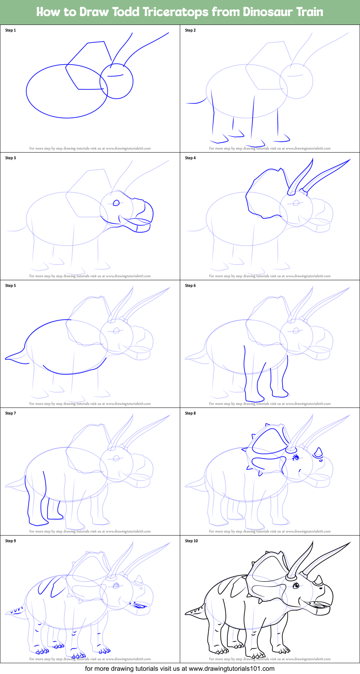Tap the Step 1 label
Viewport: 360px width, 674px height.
[10, 30]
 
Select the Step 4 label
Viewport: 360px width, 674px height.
[190, 158]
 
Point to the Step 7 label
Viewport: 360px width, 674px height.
[10, 413]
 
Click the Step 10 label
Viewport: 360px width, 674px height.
[191, 541]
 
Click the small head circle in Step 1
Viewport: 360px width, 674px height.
[116, 81]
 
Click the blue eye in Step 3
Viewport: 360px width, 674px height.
[116, 203]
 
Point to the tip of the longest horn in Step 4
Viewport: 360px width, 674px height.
[350, 160]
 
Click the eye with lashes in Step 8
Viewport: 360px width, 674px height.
[296, 458]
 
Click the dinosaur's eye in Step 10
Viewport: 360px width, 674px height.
[296, 585]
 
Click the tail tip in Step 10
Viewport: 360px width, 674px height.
[187, 613]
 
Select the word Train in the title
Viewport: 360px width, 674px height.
[310, 12]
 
